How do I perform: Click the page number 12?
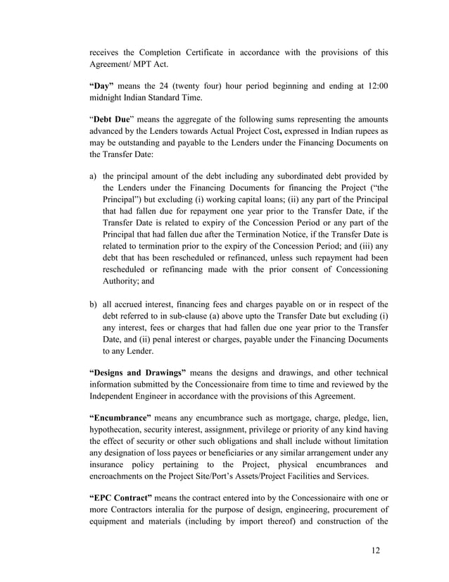click(x=375, y=550)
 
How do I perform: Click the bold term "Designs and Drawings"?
click(x=138, y=372)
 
